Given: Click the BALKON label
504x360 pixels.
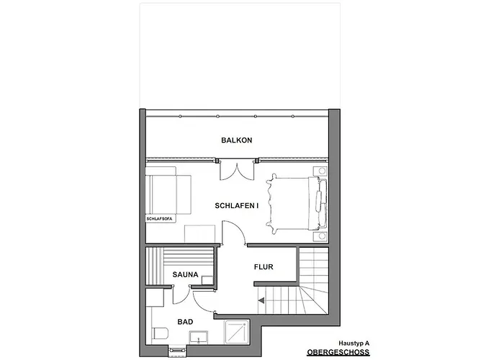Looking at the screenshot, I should (236, 140).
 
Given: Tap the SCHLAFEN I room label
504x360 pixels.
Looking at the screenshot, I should (236, 206).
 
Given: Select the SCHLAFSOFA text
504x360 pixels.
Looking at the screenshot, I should (158, 217).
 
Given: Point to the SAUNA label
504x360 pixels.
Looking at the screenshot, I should (186, 274).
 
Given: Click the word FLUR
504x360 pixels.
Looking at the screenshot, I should (264, 267).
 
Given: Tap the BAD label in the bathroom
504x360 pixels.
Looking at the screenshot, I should (185, 323).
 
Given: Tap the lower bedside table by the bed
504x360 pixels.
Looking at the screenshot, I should (318, 236).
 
